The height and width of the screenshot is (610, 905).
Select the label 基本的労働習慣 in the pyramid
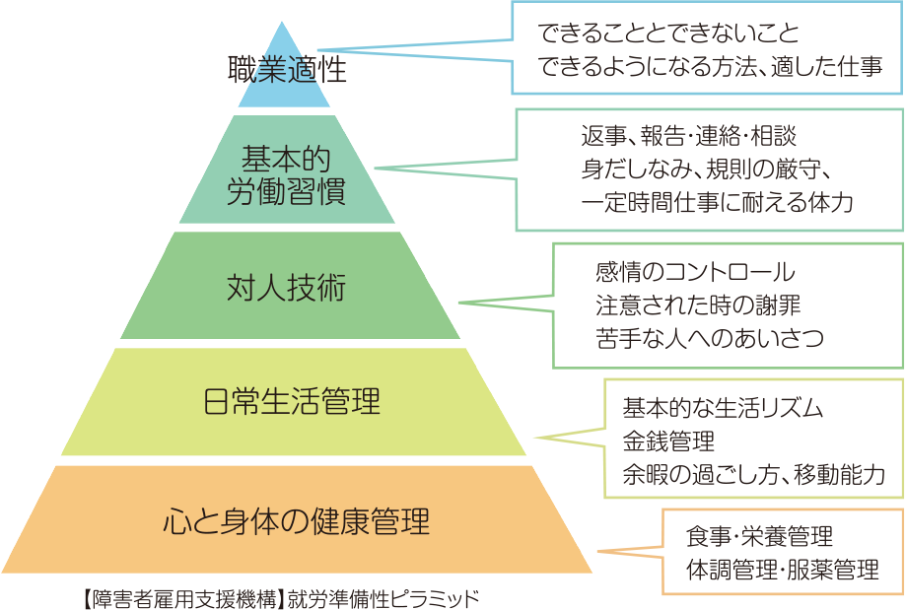coord(286,174)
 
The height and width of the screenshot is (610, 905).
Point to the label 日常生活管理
coord(291,402)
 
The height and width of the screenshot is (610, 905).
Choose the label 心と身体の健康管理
coord(296,519)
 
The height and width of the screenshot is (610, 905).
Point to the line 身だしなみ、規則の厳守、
coord(710,168)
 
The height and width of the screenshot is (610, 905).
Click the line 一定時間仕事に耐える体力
coord(717,202)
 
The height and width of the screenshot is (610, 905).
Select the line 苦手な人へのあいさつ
coord(710,338)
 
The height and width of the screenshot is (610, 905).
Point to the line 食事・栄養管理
coord(759,536)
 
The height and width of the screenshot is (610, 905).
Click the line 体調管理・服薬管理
coord(782,570)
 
